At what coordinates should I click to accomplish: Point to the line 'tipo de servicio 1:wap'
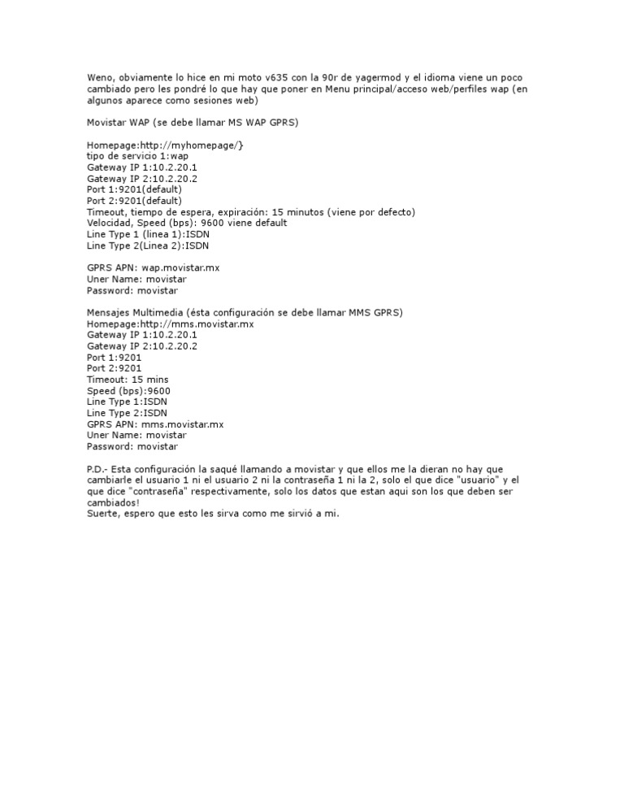137,156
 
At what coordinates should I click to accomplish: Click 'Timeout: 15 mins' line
128,380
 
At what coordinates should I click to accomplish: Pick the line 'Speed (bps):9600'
128,391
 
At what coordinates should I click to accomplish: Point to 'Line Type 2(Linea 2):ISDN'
148,245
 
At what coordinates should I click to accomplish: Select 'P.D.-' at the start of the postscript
99,469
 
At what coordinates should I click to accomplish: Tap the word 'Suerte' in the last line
102,514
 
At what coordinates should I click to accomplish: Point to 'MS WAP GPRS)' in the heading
266,122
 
